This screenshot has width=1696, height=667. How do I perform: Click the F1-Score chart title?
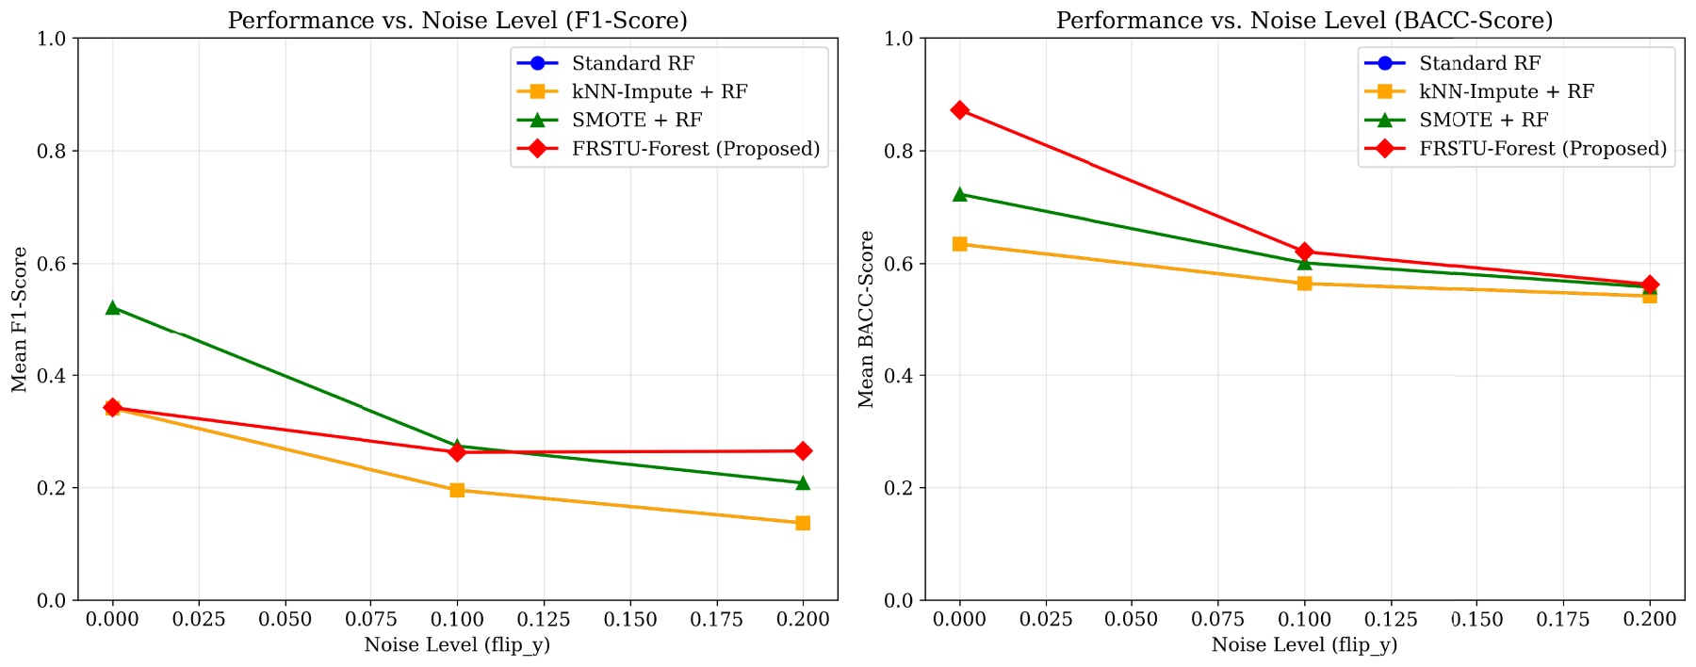[x=458, y=20]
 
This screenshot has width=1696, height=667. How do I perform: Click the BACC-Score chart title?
[x=1305, y=20]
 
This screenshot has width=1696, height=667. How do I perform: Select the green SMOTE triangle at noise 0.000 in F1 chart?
[x=113, y=307]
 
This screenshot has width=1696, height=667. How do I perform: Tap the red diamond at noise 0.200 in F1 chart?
[x=803, y=451]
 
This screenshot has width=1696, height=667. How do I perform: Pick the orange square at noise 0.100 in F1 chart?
[x=457, y=490]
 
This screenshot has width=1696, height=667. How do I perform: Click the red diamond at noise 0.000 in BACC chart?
[x=960, y=110]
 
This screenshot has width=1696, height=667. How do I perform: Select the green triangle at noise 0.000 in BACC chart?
[x=960, y=194]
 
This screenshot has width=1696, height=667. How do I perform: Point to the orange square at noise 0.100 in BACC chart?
[x=1305, y=284]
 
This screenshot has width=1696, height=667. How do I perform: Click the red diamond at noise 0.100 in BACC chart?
[x=1305, y=252]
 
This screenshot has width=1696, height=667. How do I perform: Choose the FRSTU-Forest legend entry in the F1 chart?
[x=669, y=149]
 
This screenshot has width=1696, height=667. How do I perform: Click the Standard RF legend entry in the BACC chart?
[x=1453, y=64]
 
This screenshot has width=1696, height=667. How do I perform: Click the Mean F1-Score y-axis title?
[x=19, y=319]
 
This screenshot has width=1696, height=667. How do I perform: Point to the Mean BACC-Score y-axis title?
[x=867, y=319]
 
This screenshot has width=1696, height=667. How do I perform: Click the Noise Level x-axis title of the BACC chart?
[x=1305, y=645]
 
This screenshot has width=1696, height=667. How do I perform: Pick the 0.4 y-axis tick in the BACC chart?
[x=902, y=377]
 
